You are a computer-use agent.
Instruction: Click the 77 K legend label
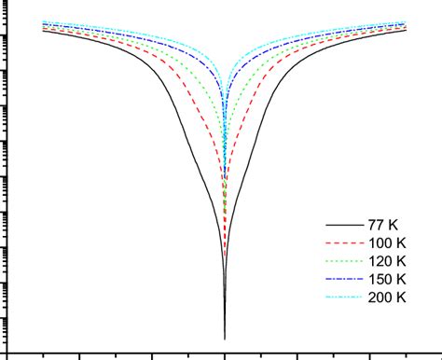[384, 225]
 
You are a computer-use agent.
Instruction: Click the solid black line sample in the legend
[341, 226]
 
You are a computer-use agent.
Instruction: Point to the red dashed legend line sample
[341, 243]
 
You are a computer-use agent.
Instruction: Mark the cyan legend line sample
[341, 298]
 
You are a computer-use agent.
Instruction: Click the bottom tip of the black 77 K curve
[225, 338]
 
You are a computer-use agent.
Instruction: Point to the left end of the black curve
[44, 31]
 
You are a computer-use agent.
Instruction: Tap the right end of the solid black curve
[406, 31]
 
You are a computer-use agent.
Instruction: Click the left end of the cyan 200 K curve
[44, 21]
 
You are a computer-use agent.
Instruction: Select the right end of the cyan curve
[406, 21]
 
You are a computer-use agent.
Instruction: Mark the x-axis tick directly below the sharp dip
[225, 355]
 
